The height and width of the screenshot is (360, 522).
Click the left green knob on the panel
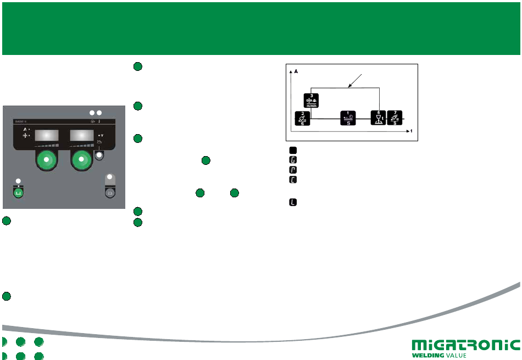[46, 160]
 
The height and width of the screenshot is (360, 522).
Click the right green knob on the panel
[82, 160]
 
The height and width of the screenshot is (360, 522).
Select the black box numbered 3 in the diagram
[311, 101]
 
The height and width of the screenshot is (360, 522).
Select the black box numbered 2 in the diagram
[300, 119]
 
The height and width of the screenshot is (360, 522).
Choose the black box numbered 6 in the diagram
[379, 118]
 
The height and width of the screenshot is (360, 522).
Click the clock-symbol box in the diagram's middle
[348, 118]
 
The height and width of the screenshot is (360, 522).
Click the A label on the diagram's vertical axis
[297, 71]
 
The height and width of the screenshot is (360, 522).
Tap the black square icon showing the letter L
[293, 203]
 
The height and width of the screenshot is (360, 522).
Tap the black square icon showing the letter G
[293, 159]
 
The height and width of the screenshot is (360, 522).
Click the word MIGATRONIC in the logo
[465, 346]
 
